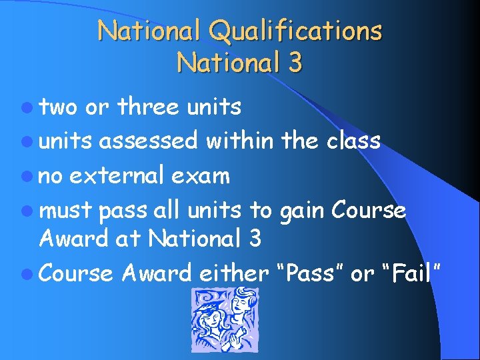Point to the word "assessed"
coord(149,141)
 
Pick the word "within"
coord(239,141)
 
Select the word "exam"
coord(199,177)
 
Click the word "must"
coord(65,211)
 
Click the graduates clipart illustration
coord(224,320)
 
